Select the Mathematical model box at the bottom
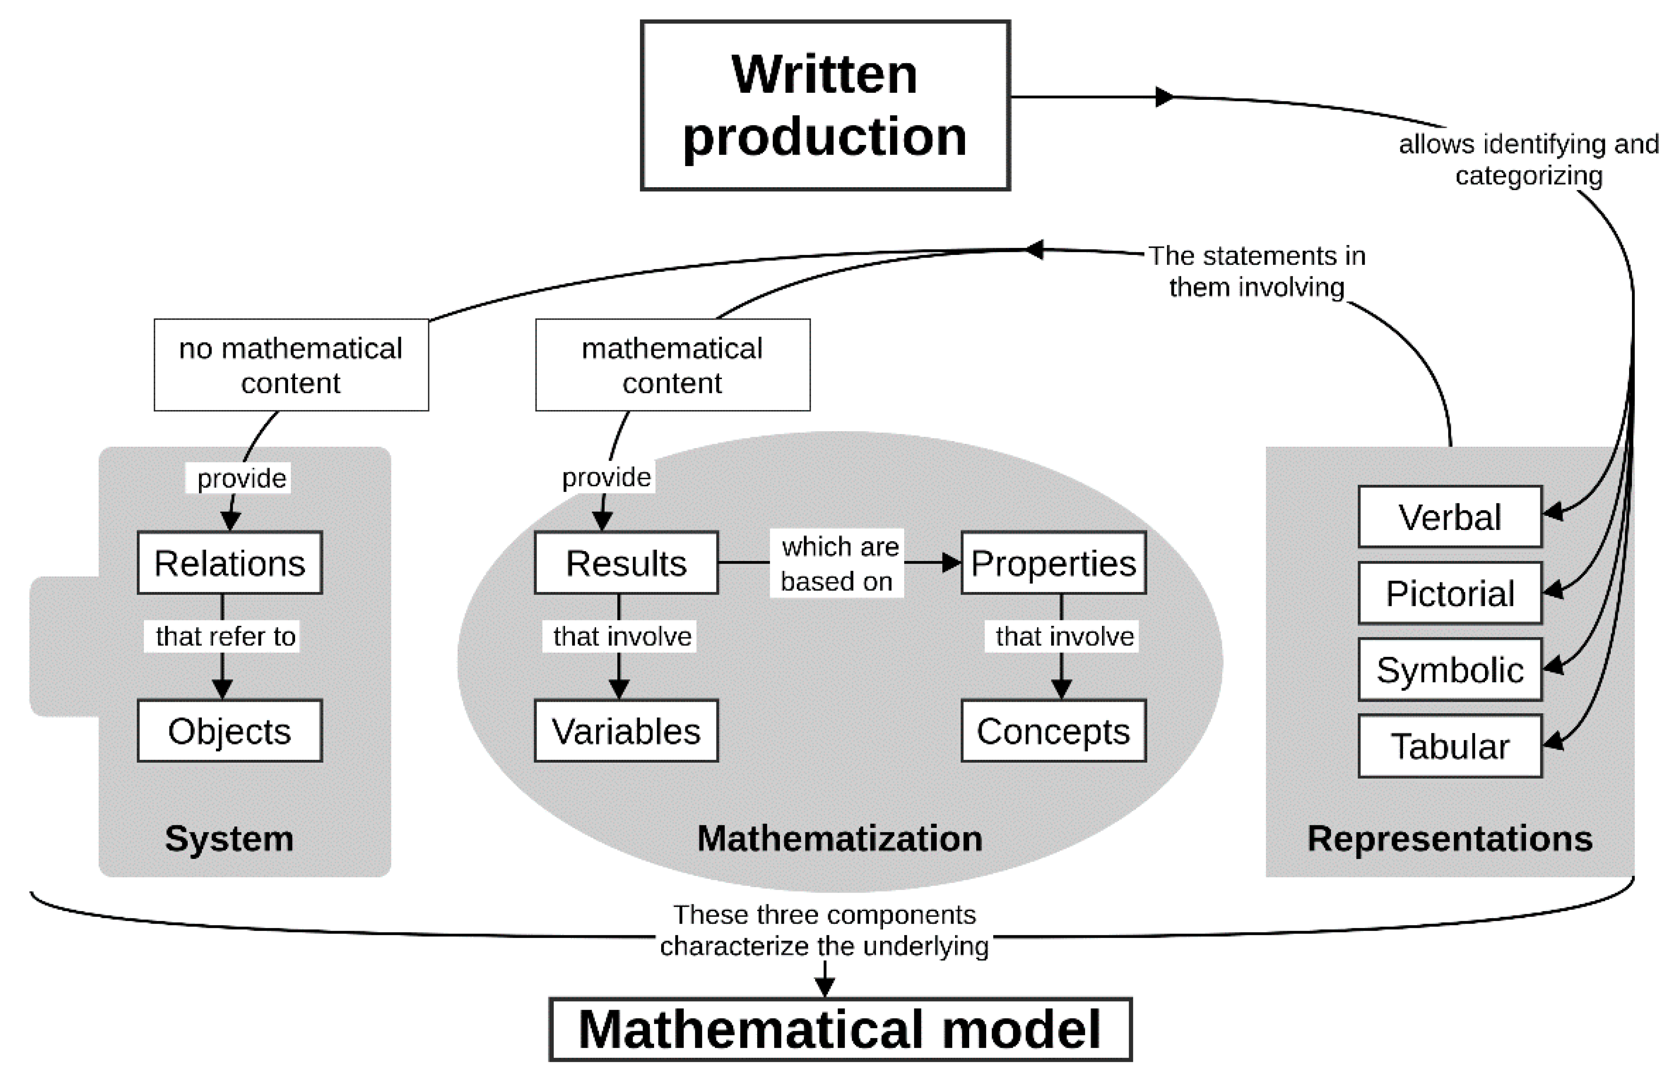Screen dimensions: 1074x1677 [840, 1029]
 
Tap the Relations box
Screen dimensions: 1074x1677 [230, 563]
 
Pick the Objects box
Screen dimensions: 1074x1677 [230, 731]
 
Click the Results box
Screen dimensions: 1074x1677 [626, 563]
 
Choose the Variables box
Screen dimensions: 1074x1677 [626, 731]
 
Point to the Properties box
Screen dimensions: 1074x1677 [1053, 563]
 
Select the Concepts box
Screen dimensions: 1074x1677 [1053, 731]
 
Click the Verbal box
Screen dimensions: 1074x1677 [1450, 517]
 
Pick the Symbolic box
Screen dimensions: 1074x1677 [1450, 669]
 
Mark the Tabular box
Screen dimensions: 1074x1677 [1450, 746]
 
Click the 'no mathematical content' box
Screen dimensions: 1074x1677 [291, 365]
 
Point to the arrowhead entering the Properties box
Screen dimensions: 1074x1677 [952, 563]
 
